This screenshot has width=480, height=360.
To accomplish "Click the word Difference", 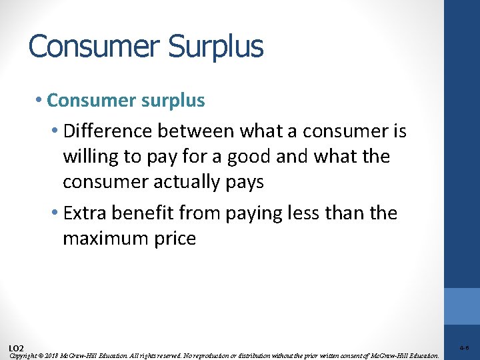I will tap(107, 132).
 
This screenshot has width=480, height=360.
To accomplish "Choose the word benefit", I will tap(139, 214).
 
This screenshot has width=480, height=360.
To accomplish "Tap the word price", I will tap(175, 239).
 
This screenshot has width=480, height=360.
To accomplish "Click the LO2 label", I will tap(17, 348).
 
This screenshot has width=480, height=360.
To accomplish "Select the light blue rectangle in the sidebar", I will tap(462, 306).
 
